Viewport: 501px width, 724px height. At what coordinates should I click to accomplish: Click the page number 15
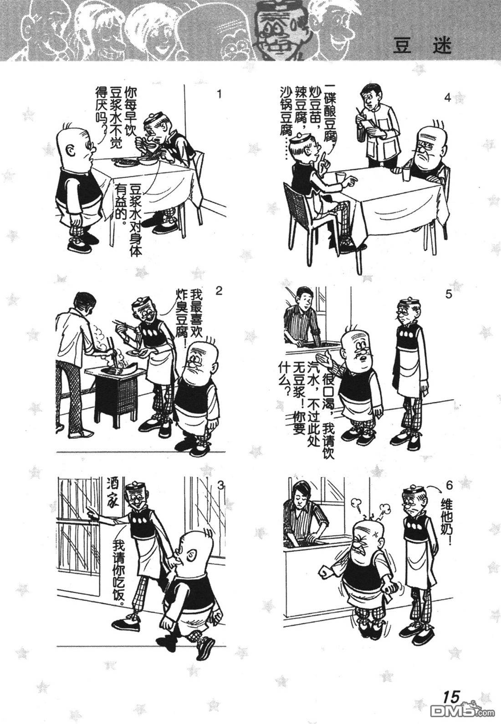[451, 696]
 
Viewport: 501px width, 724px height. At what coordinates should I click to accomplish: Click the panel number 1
[220, 95]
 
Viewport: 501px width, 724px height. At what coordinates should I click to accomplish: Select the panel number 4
[447, 98]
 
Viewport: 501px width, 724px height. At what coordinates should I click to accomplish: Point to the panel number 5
[448, 295]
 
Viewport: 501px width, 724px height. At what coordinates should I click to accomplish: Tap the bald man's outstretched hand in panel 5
[326, 358]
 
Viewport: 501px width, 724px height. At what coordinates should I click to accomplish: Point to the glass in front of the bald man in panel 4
[406, 175]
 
